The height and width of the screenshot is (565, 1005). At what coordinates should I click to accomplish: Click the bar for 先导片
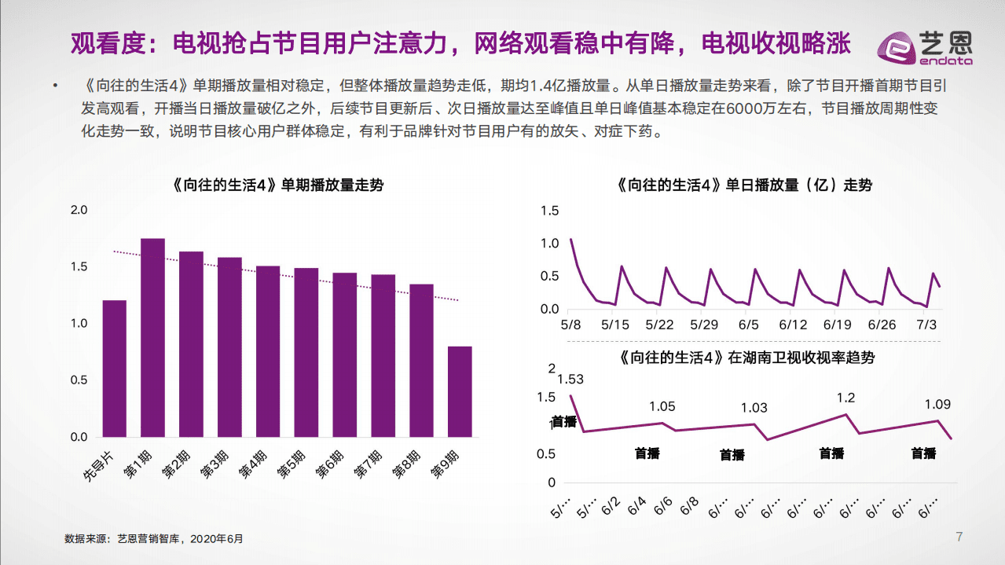pyautogui.click(x=114, y=369)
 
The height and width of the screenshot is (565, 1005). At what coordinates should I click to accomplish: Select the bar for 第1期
pyautogui.click(x=152, y=338)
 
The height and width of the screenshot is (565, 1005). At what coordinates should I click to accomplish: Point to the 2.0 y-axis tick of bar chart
pyautogui.click(x=79, y=210)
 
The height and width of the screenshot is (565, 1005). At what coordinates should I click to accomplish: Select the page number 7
pyautogui.click(x=959, y=537)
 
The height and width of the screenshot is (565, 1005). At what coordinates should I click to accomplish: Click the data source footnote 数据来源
pyautogui.click(x=154, y=539)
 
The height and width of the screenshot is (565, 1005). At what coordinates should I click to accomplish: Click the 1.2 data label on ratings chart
pyautogui.click(x=845, y=398)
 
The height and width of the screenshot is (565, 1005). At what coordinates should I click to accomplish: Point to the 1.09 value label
pyautogui.click(x=937, y=405)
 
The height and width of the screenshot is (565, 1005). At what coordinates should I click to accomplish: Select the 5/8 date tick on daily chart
pyautogui.click(x=570, y=325)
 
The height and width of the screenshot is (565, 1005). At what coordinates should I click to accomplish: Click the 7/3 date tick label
pyautogui.click(x=928, y=325)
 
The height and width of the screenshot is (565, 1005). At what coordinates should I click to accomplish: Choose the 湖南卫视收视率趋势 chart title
pyautogui.click(x=746, y=358)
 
